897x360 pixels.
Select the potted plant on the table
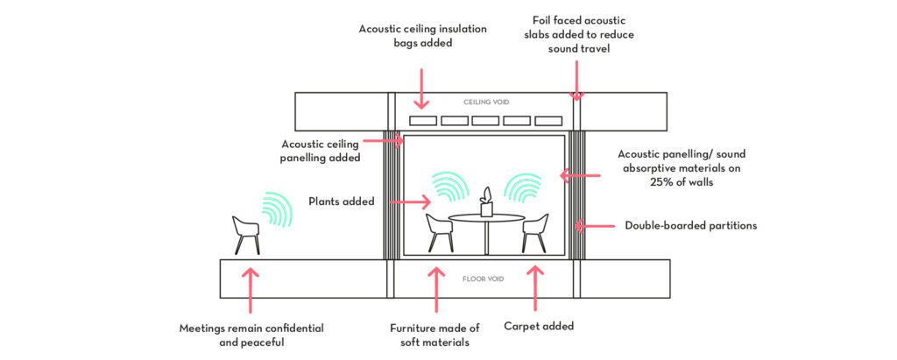(x=486, y=202)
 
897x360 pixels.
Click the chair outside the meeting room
(x=246, y=234)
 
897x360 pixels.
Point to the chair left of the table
(x=438, y=232)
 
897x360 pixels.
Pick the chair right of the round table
(x=534, y=232)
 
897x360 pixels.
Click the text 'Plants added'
(x=342, y=201)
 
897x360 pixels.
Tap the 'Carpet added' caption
(x=539, y=326)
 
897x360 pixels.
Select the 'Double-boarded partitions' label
(x=691, y=225)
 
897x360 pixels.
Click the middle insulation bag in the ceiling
(x=485, y=121)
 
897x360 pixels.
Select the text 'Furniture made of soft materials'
(x=435, y=335)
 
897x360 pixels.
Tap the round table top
(x=486, y=217)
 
